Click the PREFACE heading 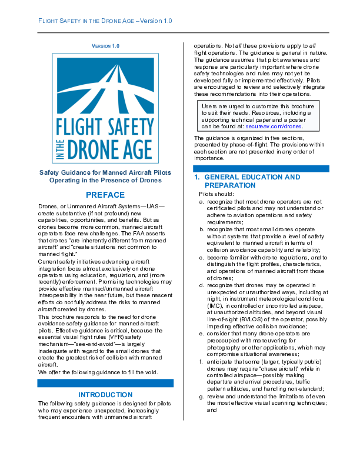105,195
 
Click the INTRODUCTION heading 105,394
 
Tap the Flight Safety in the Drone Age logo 106,107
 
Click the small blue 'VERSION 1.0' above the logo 106,45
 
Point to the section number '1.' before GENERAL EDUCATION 198,177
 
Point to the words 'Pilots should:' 216,194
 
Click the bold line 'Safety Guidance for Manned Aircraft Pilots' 105,173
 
